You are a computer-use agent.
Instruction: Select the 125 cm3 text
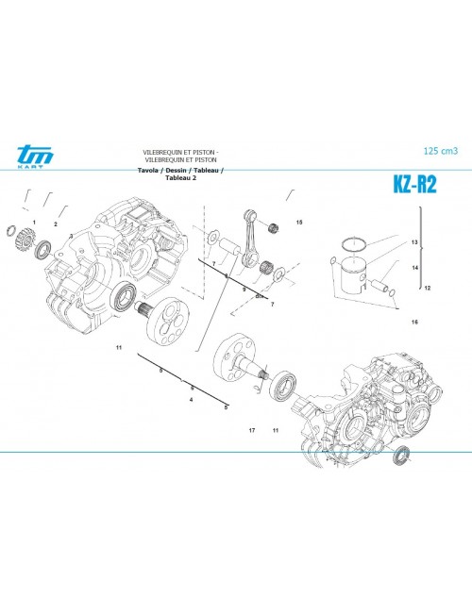(x=439, y=151)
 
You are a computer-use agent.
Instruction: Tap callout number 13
(x=413, y=242)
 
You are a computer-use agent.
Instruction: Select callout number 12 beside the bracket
(x=427, y=287)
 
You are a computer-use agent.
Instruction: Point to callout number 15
(x=299, y=223)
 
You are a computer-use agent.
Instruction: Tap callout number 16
(x=413, y=323)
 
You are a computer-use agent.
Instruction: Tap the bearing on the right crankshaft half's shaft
(x=282, y=387)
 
